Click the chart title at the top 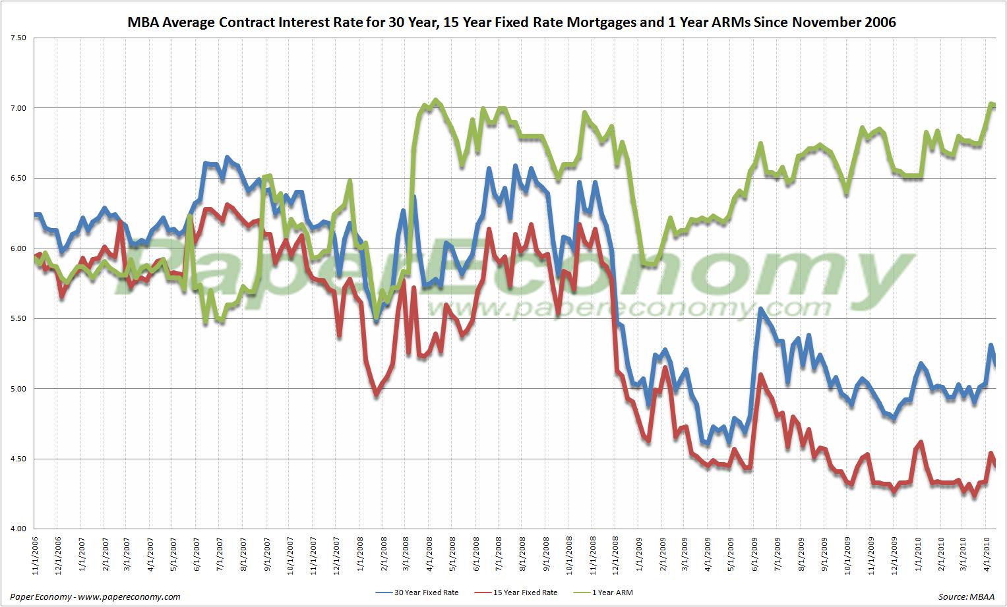(511, 22)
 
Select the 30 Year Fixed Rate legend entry (417, 593)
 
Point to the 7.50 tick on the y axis (18, 38)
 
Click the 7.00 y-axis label (18, 108)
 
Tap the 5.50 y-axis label (18, 318)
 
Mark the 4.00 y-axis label (18, 529)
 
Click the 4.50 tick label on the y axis (18, 459)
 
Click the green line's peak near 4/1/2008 (435, 100)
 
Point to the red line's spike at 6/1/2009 (760, 375)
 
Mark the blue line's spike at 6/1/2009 (760, 308)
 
